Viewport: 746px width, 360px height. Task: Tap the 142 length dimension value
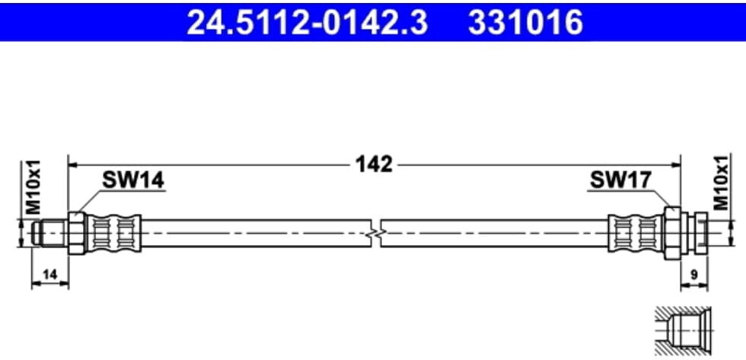(x=373, y=164)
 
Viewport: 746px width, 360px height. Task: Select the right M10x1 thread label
(x=719, y=183)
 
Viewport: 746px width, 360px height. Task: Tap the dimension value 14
(x=49, y=272)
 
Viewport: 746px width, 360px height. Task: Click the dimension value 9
(x=693, y=272)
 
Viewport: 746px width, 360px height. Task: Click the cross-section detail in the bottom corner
(x=683, y=332)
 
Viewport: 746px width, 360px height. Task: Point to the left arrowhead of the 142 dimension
(x=75, y=164)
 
